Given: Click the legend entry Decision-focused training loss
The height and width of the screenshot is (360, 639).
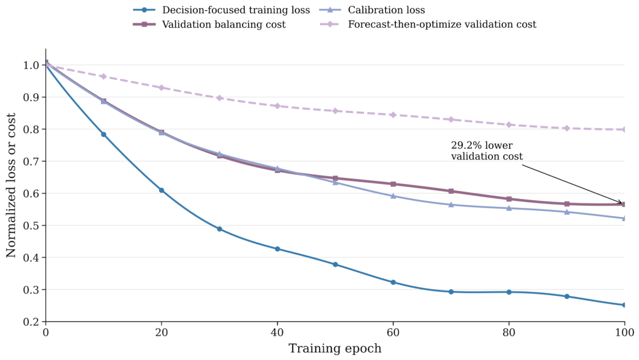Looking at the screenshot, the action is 221,10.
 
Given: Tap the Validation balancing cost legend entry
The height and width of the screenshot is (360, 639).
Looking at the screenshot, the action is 210,25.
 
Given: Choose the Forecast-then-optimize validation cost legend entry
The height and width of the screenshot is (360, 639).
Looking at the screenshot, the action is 428,25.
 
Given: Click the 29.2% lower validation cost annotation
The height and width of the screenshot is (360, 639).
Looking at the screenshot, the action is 486,151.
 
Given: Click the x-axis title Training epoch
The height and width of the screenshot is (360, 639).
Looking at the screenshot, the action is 335,348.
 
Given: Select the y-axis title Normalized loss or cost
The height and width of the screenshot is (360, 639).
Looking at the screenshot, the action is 10,185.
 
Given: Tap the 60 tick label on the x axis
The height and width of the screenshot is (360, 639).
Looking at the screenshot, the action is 393,333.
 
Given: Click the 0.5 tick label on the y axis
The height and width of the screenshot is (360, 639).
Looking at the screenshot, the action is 32,226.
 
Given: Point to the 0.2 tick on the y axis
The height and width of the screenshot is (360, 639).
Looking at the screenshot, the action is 44,322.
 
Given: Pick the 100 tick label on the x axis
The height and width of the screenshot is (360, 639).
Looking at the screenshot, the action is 624,333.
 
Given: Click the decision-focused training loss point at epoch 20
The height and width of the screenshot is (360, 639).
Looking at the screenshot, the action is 161,190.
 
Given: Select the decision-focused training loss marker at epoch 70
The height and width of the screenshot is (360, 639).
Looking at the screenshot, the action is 451,291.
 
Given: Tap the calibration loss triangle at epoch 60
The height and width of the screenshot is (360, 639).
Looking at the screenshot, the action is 393,196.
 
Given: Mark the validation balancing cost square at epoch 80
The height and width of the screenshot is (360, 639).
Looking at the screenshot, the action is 509,199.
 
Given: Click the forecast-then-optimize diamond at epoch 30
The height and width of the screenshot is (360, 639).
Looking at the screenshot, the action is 219,98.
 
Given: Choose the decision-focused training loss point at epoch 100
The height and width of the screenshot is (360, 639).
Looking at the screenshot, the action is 624,305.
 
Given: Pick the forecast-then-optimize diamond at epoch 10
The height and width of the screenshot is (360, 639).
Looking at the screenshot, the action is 104,77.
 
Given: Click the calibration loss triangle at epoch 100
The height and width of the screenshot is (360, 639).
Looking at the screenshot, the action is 624,218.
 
